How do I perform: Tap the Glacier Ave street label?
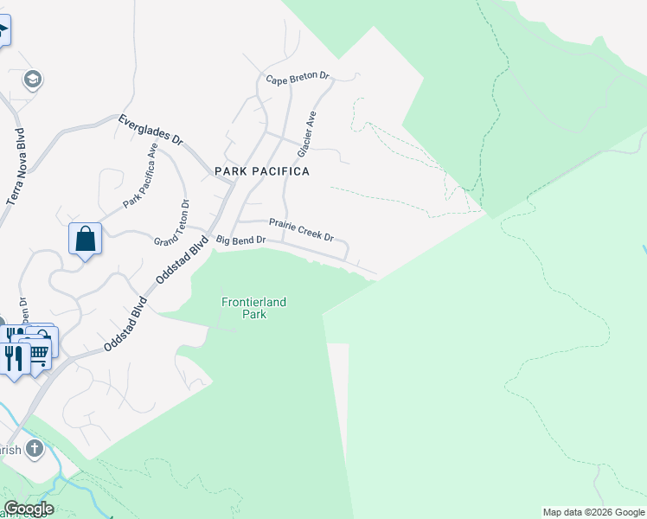coord(307,134)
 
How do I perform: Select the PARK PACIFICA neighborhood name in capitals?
coord(262,171)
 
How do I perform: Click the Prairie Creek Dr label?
coord(301,229)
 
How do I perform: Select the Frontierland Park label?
coord(253,308)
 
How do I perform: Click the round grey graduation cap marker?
coord(34,80)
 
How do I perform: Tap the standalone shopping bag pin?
coord(86,238)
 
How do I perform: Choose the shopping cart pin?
coord(40,351)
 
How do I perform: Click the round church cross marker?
coord(34,448)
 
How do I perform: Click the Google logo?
coord(29,509)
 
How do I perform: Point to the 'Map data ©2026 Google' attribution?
coord(593,512)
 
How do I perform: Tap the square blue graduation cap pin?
coord(3,33)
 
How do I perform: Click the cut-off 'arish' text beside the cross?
coord(10,450)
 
